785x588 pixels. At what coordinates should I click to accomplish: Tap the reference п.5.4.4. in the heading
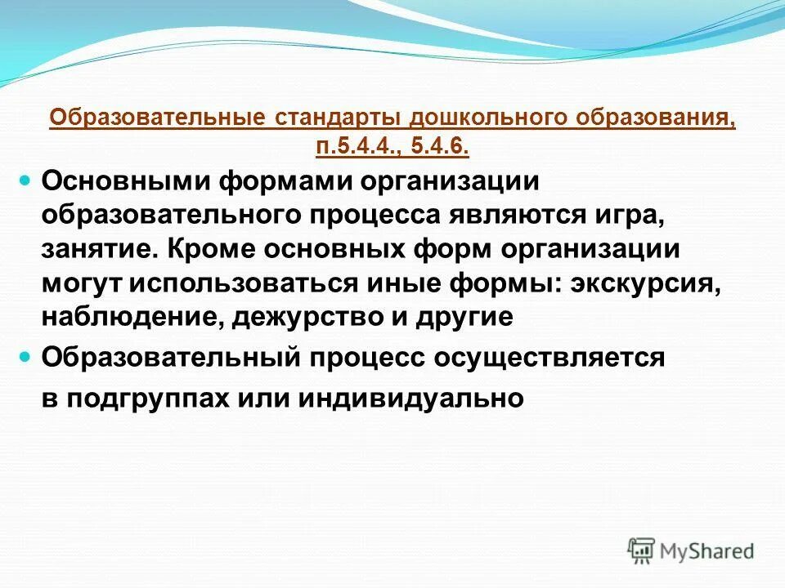pos(344,145)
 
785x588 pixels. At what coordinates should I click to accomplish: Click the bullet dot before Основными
pos(25,179)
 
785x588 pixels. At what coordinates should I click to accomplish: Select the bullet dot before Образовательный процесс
pos(25,357)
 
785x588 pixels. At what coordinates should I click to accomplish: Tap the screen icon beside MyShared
pos(641,550)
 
